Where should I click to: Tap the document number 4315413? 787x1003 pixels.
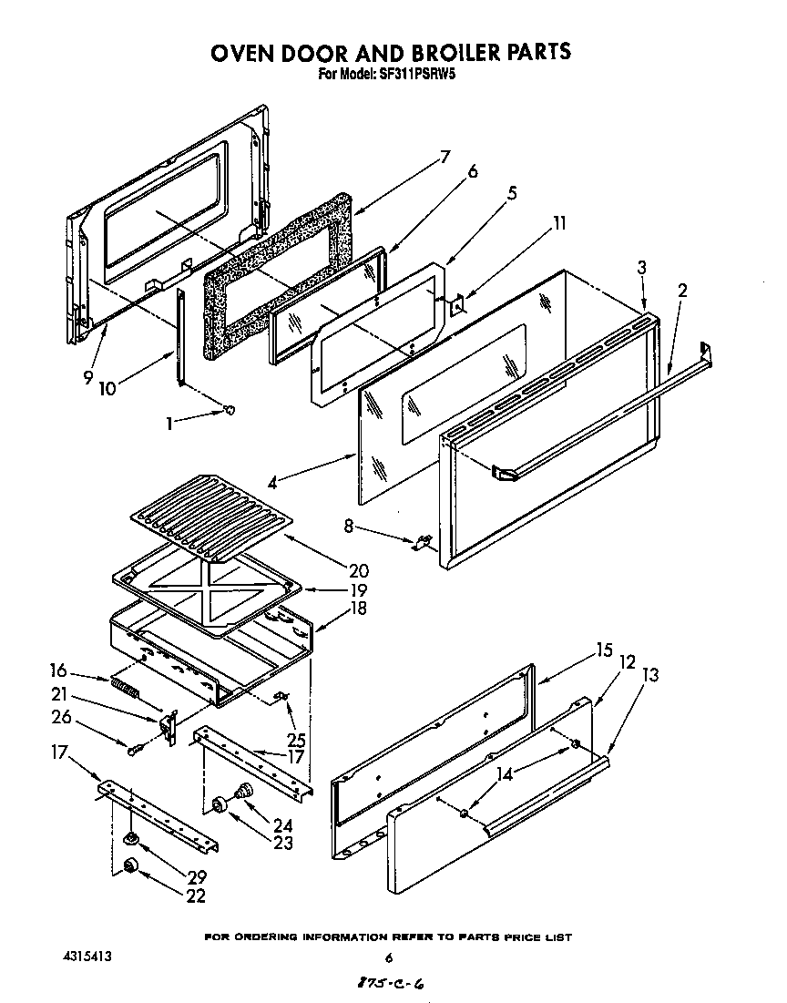coord(87,957)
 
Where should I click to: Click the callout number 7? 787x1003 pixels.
coord(445,156)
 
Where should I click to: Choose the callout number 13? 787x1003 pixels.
coord(651,675)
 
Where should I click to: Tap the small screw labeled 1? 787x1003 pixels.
coord(230,410)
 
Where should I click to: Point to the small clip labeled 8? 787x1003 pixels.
coord(422,544)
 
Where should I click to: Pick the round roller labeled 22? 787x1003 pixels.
coord(130,865)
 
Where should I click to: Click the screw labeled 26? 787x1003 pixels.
coord(134,749)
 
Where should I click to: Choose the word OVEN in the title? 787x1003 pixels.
coord(244,52)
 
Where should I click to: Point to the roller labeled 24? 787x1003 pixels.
coord(243,790)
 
